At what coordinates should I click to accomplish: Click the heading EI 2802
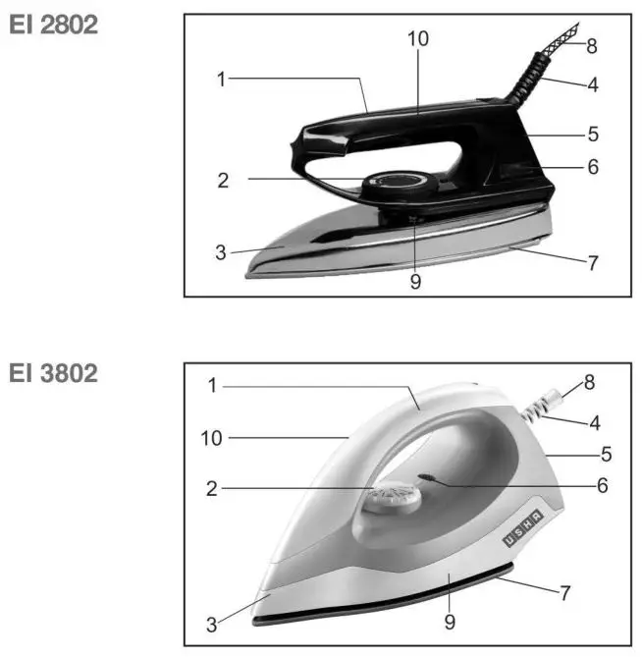[x=54, y=27]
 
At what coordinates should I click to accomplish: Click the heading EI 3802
[x=54, y=374]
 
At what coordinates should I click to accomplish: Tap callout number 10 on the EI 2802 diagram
[x=419, y=39]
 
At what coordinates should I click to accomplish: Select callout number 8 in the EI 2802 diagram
[x=592, y=45]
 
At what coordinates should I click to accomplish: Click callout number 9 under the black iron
[x=415, y=282]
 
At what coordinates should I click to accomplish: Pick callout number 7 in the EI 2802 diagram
[x=592, y=263]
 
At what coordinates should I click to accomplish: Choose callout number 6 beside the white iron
[x=602, y=485]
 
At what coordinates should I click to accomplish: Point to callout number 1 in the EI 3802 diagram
[x=211, y=386]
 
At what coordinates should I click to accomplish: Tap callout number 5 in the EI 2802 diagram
[x=592, y=132]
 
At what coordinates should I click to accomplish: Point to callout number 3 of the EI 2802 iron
[x=222, y=252]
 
